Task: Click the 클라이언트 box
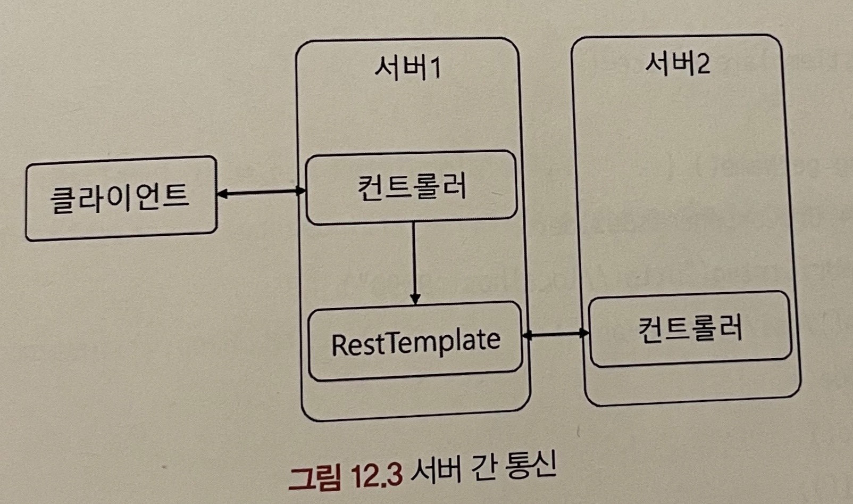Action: click(x=121, y=198)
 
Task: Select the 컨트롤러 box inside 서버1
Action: click(x=411, y=187)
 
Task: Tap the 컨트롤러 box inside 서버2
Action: click(x=690, y=329)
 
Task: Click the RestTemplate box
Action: click(x=415, y=342)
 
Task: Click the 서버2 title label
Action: click(x=677, y=64)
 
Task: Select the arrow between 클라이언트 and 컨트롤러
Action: click(x=261, y=193)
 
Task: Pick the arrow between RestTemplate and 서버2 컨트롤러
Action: click(x=555, y=334)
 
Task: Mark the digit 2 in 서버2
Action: click(x=703, y=65)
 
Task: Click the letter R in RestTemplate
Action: click(x=339, y=345)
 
